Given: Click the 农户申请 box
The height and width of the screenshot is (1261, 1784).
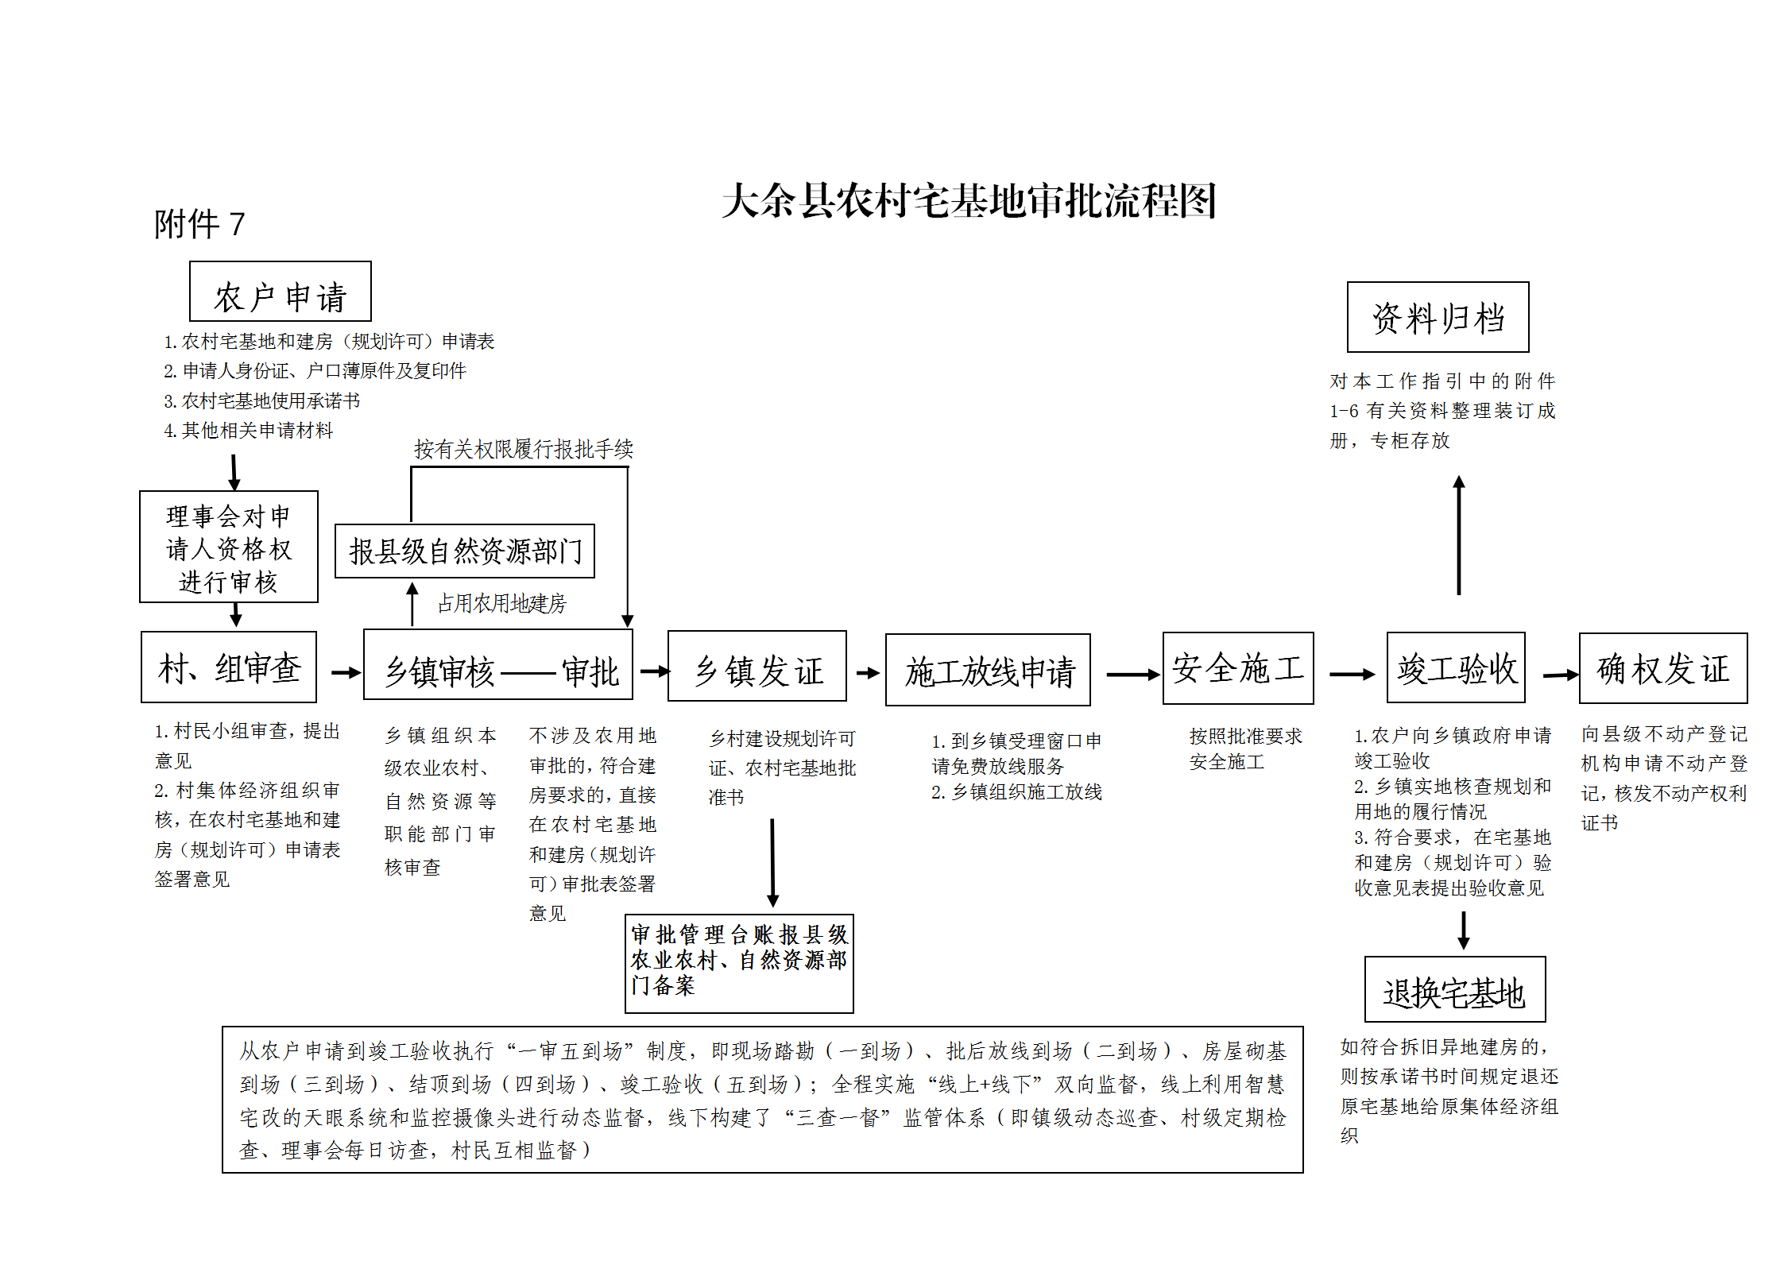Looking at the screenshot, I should point(280,292).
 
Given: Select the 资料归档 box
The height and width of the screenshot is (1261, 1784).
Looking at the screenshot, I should point(1438,317).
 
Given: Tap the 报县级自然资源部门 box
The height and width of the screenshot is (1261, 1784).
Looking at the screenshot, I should point(465,551).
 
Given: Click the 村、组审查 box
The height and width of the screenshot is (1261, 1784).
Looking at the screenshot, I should point(229,667).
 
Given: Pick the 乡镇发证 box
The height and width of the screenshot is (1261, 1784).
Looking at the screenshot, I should point(757,667).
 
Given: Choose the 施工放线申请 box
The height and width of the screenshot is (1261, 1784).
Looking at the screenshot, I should point(988,670).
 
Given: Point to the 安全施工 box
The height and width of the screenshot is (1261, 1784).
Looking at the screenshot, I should point(1237,668).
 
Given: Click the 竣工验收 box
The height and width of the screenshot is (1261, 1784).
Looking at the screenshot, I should point(1456,667).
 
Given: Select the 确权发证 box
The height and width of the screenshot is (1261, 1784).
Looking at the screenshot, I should point(1662,668).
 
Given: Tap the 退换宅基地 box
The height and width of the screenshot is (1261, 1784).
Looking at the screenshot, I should point(1454,989).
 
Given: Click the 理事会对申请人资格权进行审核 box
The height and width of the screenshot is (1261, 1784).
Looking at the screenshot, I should point(229,547).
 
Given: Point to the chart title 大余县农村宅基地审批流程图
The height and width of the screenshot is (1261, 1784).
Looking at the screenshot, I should point(969,201).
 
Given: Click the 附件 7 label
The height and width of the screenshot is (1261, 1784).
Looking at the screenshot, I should point(199,224).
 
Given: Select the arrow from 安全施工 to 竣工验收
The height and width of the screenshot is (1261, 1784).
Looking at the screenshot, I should point(1351,675).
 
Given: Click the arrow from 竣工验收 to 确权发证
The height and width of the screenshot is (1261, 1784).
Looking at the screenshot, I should point(1560,675).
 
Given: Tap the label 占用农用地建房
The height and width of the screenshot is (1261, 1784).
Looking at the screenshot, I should point(501,604).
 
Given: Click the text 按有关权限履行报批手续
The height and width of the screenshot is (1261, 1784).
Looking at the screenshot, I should point(523,450).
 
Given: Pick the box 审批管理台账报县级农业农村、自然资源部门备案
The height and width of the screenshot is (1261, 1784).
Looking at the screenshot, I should point(739,963).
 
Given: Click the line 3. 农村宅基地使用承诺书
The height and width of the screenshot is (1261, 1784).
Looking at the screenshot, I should point(262,401).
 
